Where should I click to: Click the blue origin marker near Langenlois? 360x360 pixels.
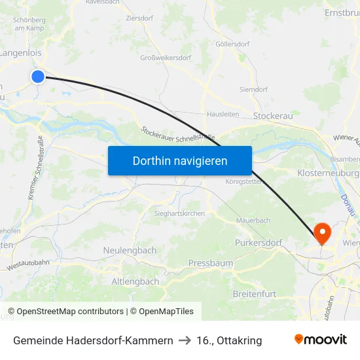(38, 77)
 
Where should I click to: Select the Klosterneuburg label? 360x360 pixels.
(328, 173)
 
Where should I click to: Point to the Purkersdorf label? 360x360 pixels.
(258, 243)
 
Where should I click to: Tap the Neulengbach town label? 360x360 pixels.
(130, 251)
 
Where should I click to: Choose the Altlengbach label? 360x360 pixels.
(135, 281)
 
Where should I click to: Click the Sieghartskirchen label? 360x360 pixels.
(180, 213)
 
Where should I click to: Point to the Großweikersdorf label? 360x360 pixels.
(165, 58)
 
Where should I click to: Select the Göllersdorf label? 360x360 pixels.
(234, 45)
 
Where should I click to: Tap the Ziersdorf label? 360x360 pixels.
(139, 18)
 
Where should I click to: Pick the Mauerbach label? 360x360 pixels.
(253, 221)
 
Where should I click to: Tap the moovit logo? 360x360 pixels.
(320, 340)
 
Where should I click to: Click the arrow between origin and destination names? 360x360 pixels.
(185, 340)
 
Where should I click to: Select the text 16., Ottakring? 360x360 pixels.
(229, 340)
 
